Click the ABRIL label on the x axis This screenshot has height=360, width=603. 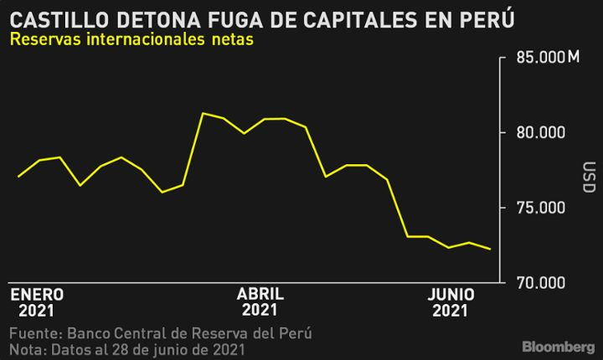(x=260, y=295)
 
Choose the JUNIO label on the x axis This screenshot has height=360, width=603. (x=451, y=295)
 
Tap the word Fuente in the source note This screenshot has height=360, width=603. (x=32, y=333)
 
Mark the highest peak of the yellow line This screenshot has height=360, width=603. (x=203, y=113)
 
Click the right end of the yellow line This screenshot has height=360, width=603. (x=490, y=249)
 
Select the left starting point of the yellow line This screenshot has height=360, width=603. (x=18, y=177)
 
